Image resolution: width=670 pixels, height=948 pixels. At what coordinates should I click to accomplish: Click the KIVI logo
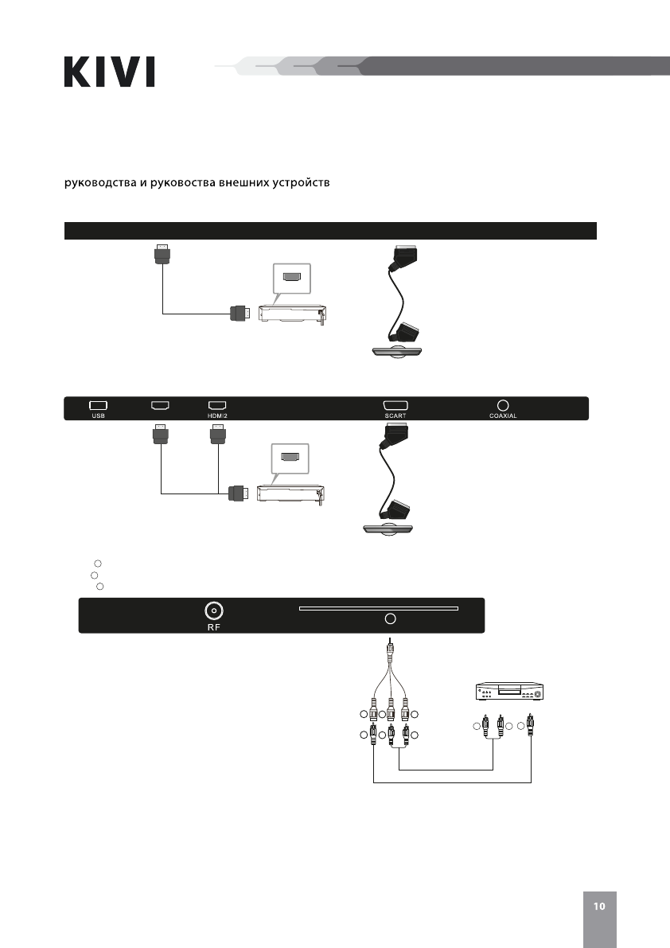click(x=109, y=71)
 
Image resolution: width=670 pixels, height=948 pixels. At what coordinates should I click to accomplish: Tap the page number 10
click(x=598, y=906)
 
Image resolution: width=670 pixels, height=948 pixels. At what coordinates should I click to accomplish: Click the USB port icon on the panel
click(x=98, y=405)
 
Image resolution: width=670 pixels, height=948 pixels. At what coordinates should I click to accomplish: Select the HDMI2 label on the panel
click(x=217, y=415)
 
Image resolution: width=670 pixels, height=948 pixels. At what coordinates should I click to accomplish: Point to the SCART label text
click(x=395, y=415)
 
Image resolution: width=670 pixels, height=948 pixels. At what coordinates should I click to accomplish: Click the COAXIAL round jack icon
click(x=503, y=405)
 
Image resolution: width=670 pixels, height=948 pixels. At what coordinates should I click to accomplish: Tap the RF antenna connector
click(x=213, y=611)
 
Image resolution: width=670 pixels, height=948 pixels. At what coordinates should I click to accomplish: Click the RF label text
click(x=213, y=626)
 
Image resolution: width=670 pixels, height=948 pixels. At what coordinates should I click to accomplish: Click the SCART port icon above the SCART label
click(x=395, y=405)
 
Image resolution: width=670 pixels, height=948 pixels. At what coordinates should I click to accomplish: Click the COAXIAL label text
click(x=503, y=415)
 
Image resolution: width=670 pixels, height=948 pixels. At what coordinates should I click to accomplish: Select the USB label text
click(x=98, y=415)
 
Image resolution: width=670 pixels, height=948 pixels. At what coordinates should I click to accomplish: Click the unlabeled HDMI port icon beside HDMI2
click(x=160, y=405)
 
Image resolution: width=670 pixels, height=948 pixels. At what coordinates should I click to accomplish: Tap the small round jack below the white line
click(x=390, y=618)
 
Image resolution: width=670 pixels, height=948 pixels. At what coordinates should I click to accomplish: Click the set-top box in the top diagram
click(x=291, y=313)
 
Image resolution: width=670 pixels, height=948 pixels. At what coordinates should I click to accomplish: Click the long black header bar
click(x=329, y=231)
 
